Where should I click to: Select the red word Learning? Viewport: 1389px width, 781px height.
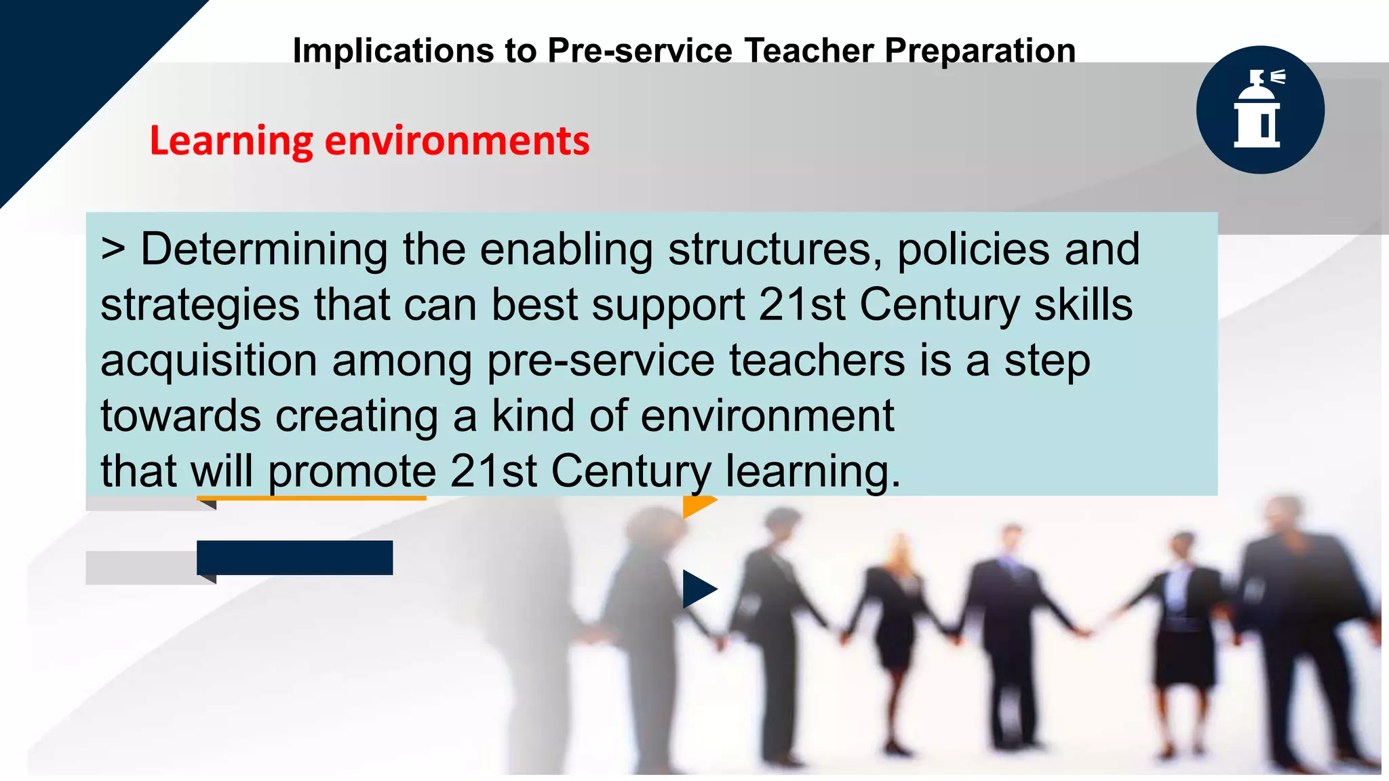click(x=231, y=141)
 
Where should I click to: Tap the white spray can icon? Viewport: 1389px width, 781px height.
click(x=1259, y=109)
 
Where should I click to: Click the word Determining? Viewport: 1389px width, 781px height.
click(x=264, y=249)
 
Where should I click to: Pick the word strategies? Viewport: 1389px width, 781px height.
click(x=200, y=305)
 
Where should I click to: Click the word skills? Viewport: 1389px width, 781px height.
click(x=1083, y=305)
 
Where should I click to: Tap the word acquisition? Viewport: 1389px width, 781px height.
click(x=209, y=361)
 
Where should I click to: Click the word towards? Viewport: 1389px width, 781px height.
click(x=180, y=416)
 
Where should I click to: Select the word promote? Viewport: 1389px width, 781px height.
click(x=352, y=472)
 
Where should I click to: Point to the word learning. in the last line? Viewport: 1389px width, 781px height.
click(x=813, y=472)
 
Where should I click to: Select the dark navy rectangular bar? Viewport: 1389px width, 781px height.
click(x=294, y=557)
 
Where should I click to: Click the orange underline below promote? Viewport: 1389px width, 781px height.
click(x=311, y=498)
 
